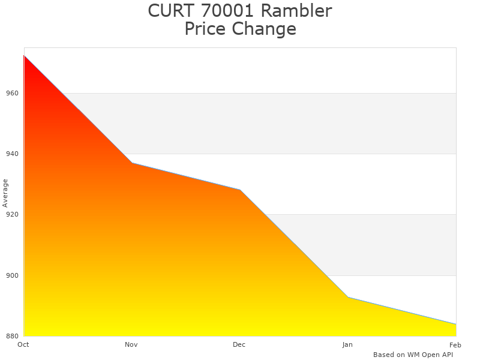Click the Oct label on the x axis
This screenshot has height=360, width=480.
click(x=23, y=345)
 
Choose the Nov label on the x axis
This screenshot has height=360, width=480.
click(x=131, y=345)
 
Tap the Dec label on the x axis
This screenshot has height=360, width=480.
click(x=239, y=345)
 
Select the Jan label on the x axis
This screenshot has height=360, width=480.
click(x=347, y=345)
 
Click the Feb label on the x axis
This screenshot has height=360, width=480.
click(x=455, y=345)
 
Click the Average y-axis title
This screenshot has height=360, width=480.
click(x=5, y=193)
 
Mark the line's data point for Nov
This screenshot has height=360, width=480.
click(x=132, y=163)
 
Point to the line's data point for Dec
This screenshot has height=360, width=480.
click(x=240, y=190)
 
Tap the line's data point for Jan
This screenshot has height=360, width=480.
click(x=348, y=297)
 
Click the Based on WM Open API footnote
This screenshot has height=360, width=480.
click(x=413, y=355)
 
